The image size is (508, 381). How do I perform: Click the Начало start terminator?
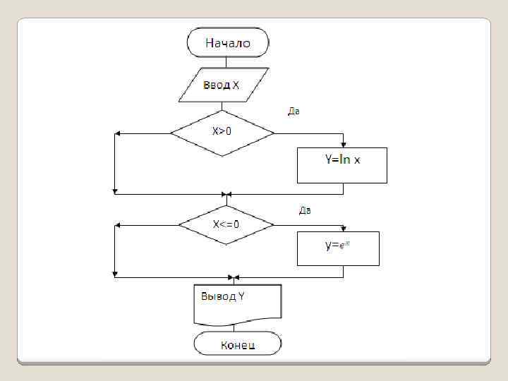[227, 42]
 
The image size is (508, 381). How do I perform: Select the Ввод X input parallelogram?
[222, 86]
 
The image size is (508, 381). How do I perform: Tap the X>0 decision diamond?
[222, 132]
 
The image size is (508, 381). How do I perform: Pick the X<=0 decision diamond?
[226, 224]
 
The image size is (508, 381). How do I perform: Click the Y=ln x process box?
[342, 165]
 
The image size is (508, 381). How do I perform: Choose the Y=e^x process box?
[338, 248]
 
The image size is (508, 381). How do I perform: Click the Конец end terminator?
[238, 344]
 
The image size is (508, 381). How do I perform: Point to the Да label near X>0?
[294, 111]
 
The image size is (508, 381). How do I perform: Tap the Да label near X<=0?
[305, 210]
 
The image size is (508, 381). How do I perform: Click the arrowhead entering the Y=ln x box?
[343, 145]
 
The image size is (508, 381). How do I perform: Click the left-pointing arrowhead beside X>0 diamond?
[118, 133]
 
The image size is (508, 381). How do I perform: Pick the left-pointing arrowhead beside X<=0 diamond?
[119, 225]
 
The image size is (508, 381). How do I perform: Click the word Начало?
[227, 42]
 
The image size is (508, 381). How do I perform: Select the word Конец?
[238, 345]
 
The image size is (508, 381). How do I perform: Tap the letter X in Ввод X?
[236, 86]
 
